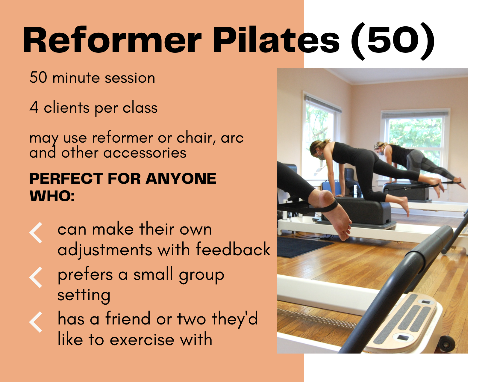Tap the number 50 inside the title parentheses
(393, 40)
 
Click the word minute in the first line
(76, 78)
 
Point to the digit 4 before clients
(34, 108)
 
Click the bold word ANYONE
(181, 179)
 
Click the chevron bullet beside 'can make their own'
(36, 232)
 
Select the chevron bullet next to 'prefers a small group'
(36, 277)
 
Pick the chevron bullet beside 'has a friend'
(36, 322)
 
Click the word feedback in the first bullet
(233, 250)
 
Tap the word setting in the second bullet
(84, 295)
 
